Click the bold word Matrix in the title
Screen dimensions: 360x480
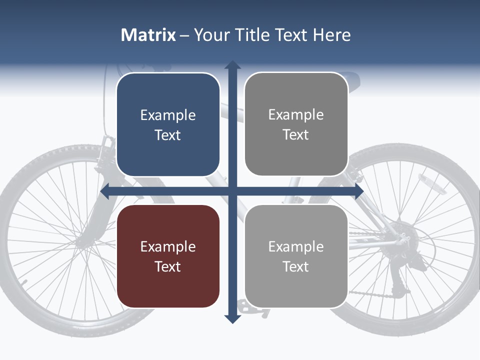[x=148, y=35]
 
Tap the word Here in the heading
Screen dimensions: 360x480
[x=331, y=35]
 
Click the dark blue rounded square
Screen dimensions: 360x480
[x=168, y=124]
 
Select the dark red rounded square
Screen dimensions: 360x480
[x=168, y=256]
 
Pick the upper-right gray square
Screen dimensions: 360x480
[x=296, y=124]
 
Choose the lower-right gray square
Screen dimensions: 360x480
[x=296, y=256]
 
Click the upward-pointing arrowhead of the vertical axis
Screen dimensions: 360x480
[x=232, y=65]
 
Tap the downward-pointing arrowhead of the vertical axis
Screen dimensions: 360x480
[x=232, y=318]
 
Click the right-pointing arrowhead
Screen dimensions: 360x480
[x=358, y=191]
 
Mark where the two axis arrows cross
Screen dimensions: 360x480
[x=232, y=191]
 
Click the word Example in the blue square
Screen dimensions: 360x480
[x=168, y=115]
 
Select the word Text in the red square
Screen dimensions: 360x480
[x=168, y=266]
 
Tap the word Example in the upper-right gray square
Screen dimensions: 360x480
[x=296, y=115]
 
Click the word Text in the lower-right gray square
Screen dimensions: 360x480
[x=296, y=266]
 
